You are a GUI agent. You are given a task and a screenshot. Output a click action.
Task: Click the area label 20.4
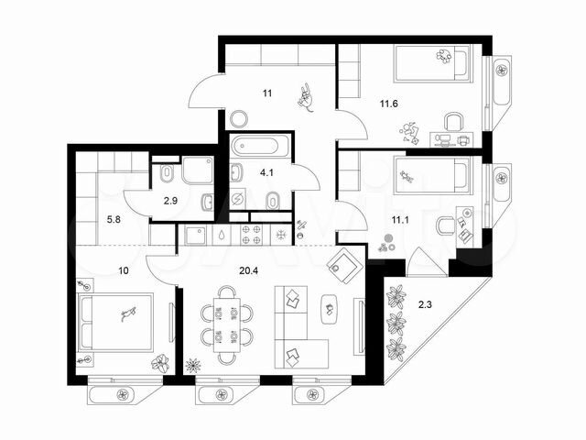(x=248, y=270)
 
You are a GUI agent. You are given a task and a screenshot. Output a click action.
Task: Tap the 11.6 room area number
(x=388, y=104)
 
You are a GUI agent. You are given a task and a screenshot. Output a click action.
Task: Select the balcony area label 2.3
(x=425, y=304)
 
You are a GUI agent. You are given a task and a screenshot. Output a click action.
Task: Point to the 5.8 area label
(x=114, y=220)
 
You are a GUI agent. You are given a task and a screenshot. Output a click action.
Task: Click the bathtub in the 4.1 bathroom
(x=260, y=146)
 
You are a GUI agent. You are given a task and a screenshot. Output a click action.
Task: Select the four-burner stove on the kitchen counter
(x=251, y=235)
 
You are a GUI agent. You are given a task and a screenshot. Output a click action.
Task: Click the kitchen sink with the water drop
(x=222, y=235)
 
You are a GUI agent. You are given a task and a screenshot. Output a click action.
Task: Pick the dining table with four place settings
(x=226, y=324)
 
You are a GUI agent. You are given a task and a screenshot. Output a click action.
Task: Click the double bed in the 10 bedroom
(x=115, y=323)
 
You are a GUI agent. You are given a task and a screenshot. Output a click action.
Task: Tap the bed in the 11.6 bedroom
(x=432, y=63)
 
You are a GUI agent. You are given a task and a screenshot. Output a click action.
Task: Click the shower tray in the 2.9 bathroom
(x=198, y=170)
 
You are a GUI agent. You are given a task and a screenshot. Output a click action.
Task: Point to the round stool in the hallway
(x=239, y=119)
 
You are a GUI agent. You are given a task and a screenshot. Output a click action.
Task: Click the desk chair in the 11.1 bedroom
(x=446, y=225)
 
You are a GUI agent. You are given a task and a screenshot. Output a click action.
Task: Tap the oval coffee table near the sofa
(x=330, y=309)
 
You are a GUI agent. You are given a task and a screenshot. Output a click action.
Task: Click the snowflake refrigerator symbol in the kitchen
(x=280, y=235)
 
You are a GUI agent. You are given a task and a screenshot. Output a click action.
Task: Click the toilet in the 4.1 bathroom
(x=273, y=201)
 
